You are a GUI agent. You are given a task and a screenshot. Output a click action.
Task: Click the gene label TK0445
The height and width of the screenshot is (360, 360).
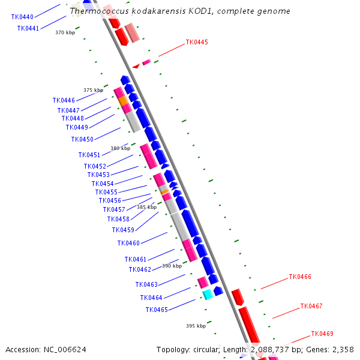197,42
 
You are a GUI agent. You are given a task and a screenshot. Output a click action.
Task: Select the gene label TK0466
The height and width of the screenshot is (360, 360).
300,277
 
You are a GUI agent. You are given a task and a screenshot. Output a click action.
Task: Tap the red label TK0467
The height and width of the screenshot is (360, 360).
311,306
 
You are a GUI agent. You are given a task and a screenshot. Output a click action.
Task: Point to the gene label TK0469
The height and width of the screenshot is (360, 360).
322,334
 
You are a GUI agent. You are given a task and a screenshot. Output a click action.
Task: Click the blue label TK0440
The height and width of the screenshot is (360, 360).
22,17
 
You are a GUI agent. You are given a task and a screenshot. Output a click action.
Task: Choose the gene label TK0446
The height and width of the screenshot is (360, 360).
64,100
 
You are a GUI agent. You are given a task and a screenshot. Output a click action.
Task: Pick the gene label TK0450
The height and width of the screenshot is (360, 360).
82,139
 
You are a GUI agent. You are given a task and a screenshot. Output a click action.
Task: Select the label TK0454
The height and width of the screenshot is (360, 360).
103,184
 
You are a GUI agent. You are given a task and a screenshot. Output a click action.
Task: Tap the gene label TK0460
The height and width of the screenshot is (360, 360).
128,243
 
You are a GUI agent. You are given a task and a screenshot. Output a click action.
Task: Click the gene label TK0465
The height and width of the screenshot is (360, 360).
157,310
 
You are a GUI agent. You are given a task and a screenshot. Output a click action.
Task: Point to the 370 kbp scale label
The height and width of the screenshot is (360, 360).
65,32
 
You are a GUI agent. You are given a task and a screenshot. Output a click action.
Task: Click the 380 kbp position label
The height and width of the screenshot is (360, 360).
120,148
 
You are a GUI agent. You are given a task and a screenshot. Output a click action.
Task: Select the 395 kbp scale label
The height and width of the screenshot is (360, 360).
196,326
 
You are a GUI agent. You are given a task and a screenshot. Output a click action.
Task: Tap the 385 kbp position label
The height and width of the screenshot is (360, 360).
146,207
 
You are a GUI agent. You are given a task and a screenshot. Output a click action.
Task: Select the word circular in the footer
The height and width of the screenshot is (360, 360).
211,349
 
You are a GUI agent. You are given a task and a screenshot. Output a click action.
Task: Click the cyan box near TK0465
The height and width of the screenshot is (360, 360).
208,294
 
